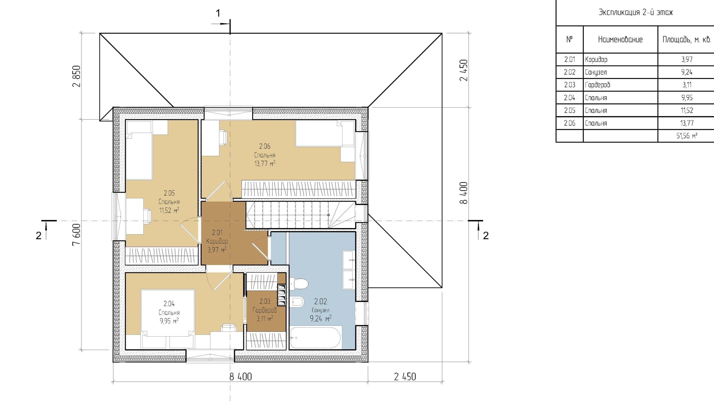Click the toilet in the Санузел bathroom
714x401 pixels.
[298, 284]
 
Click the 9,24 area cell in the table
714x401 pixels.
[687, 72]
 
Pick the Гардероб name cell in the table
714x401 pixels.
[620, 85]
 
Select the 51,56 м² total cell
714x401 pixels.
[687, 136]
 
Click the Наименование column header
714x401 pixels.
[620, 40]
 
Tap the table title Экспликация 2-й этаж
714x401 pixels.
[636, 13]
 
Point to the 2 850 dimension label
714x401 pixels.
[76, 76]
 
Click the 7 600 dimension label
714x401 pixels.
[76, 234]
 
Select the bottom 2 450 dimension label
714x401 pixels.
[405, 377]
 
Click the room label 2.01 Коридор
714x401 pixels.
[217, 237]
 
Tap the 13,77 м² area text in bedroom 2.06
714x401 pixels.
[265, 163]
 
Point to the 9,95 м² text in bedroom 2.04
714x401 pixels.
[169, 321]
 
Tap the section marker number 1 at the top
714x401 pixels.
[218, 13]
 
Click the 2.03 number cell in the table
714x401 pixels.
[570, 85]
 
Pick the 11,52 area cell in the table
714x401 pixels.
[687, 110]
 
